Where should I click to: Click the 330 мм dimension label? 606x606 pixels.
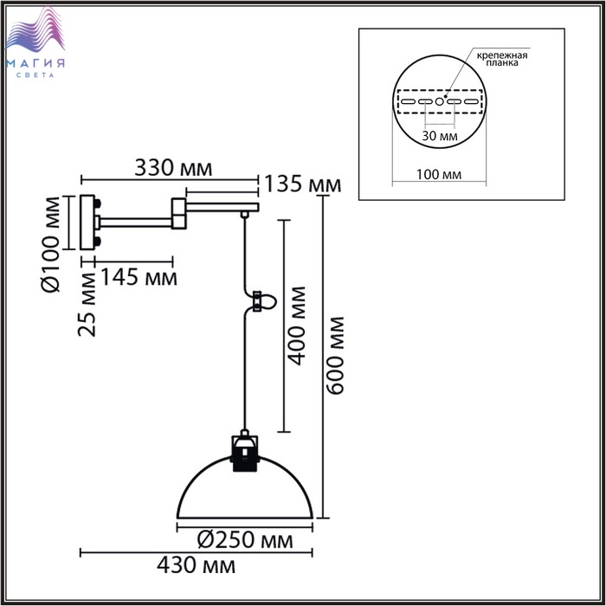pyautogui.click(x=173, y=168)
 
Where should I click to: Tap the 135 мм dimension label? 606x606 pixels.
pyautogui.click(x=303, y=184)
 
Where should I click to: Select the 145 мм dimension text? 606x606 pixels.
pyautogui.click(x=139, y=277)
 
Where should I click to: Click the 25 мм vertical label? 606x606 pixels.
pyautogui.click(x=87, y=305)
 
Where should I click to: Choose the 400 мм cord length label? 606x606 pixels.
pyautogui.click(x=297, y=326)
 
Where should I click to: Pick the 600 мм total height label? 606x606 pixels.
pyautogui.click(x=334, y=356)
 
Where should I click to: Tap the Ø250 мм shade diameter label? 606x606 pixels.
pyautogui.click(x=245, y=539)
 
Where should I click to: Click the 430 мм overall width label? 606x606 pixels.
pyautogui.click(x=196, y=565)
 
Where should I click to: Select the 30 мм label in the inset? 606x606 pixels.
pyautogui.click(x=440, y=136)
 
